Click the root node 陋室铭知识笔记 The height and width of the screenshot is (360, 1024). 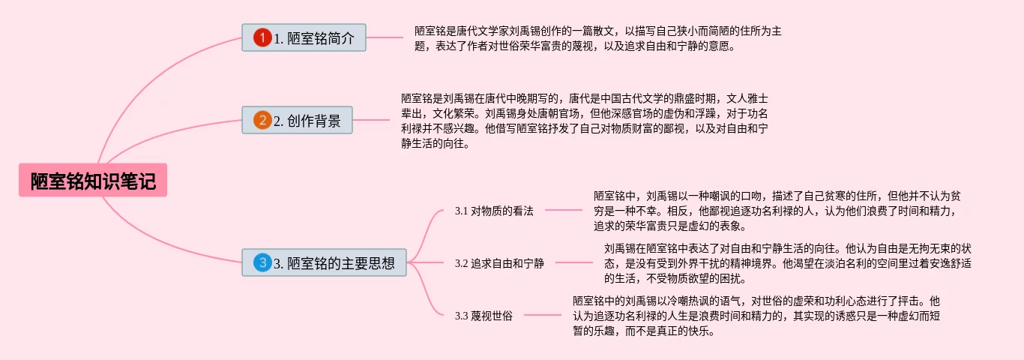coord(93,181)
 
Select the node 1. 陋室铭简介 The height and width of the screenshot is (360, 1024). coord(304,37)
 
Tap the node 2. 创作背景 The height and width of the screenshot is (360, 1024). coord(297,120)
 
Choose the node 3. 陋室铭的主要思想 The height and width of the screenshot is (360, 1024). coord(324,262)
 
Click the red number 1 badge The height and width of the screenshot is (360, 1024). coord(262,37)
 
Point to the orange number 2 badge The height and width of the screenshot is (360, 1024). coord(262,120)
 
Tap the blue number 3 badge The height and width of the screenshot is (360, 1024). coord(262,262)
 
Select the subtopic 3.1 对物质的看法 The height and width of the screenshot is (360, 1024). coord(494,211)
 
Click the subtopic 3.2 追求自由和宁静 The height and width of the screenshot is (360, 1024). coord(499,263)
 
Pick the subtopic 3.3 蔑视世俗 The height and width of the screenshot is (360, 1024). coord(484,316)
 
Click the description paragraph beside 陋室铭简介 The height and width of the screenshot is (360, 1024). coord(597,38)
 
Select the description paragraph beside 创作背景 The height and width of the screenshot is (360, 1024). coord(584,120)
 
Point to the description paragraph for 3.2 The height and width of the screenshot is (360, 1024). coord(787,263)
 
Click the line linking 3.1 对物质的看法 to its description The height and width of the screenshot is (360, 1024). coord(563,211)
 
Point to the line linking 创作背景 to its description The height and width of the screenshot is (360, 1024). coord(371,120)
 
